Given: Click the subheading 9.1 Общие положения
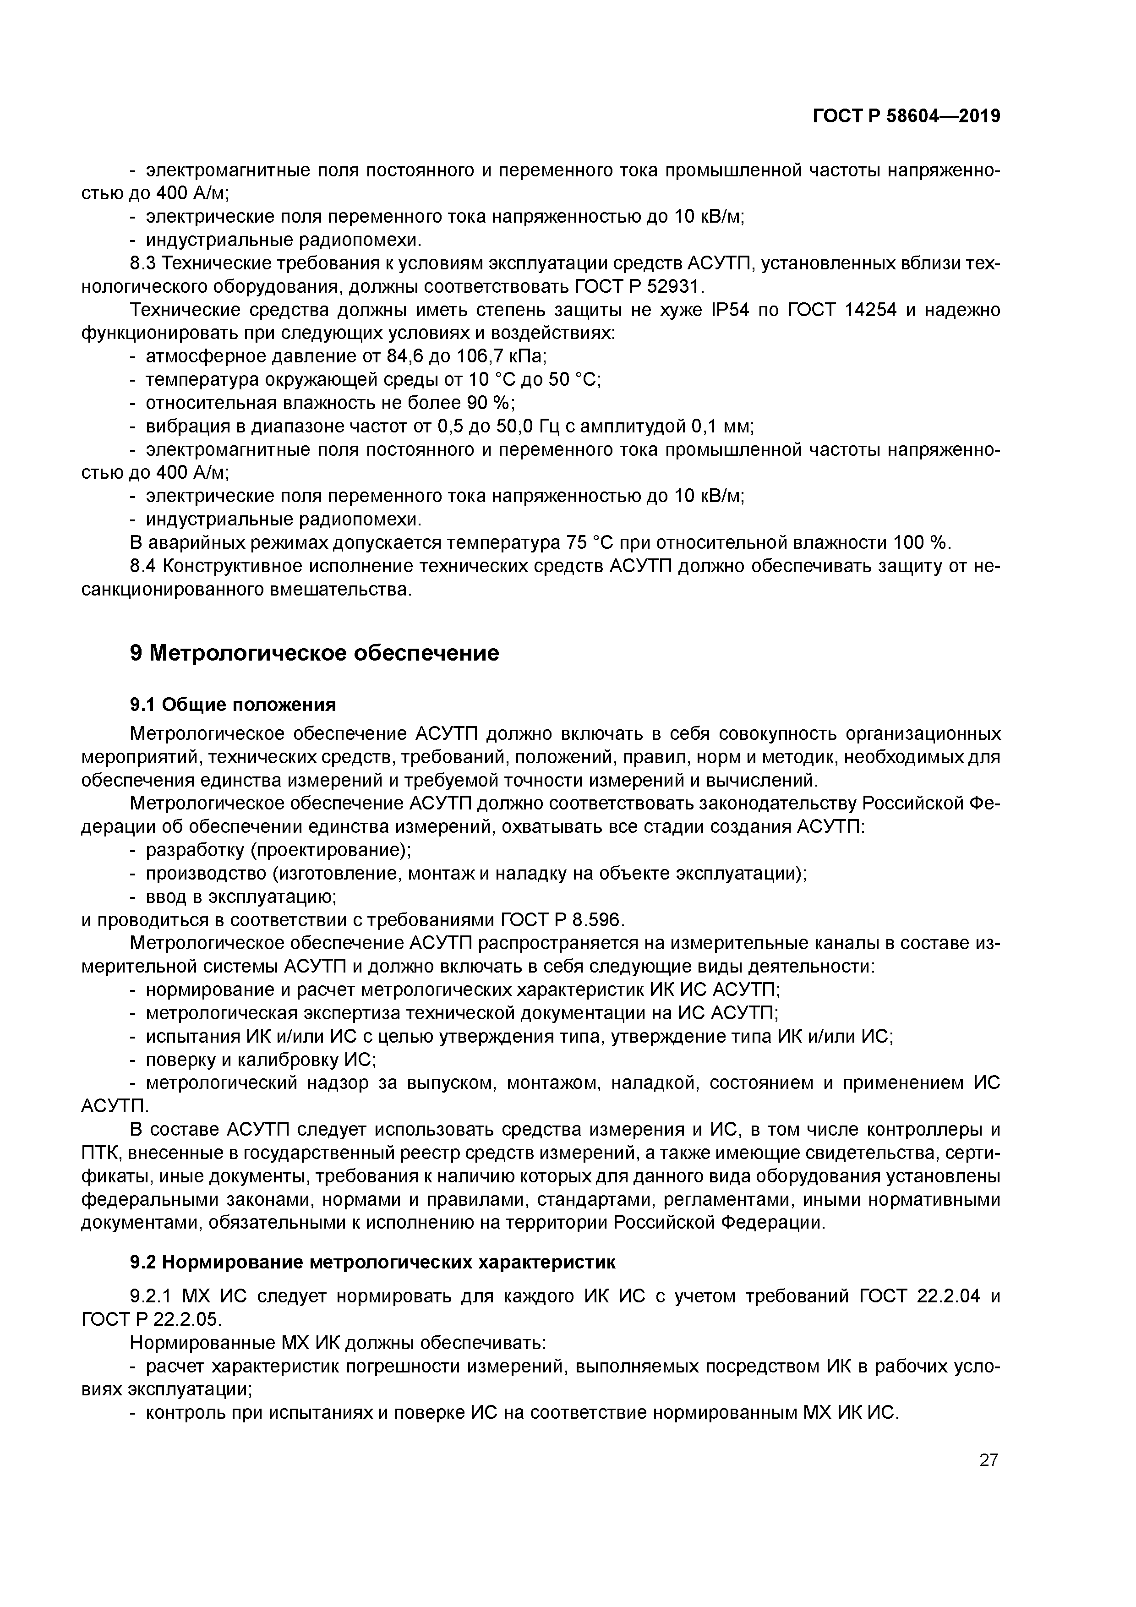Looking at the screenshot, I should pos(233,704).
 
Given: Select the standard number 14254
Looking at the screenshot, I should pos(871,310).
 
